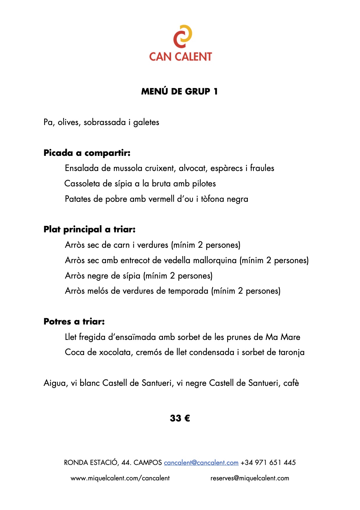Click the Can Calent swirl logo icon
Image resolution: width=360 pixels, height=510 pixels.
click(x=182, y=36)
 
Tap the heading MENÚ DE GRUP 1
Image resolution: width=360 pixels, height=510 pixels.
click(x=179, y=91)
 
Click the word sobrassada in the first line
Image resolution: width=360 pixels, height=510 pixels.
click(x=105, y=122)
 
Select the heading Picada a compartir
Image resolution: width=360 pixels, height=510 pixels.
click(x=87, y=153)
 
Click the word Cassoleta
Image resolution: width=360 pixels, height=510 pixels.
click(x=82, y=183)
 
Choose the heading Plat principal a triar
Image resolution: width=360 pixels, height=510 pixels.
click(x=89, y=229)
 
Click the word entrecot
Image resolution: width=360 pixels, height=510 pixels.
click(x=135, y=260)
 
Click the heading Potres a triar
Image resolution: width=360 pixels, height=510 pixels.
click(x=74, y=322)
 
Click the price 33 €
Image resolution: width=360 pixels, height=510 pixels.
click(x=180, y=418)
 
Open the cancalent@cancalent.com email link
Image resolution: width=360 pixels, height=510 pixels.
click(x=201, y=463)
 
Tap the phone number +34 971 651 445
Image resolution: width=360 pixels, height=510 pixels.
click(x=268, y=463)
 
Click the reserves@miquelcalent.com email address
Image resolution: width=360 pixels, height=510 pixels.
click(x=250, y=478)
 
